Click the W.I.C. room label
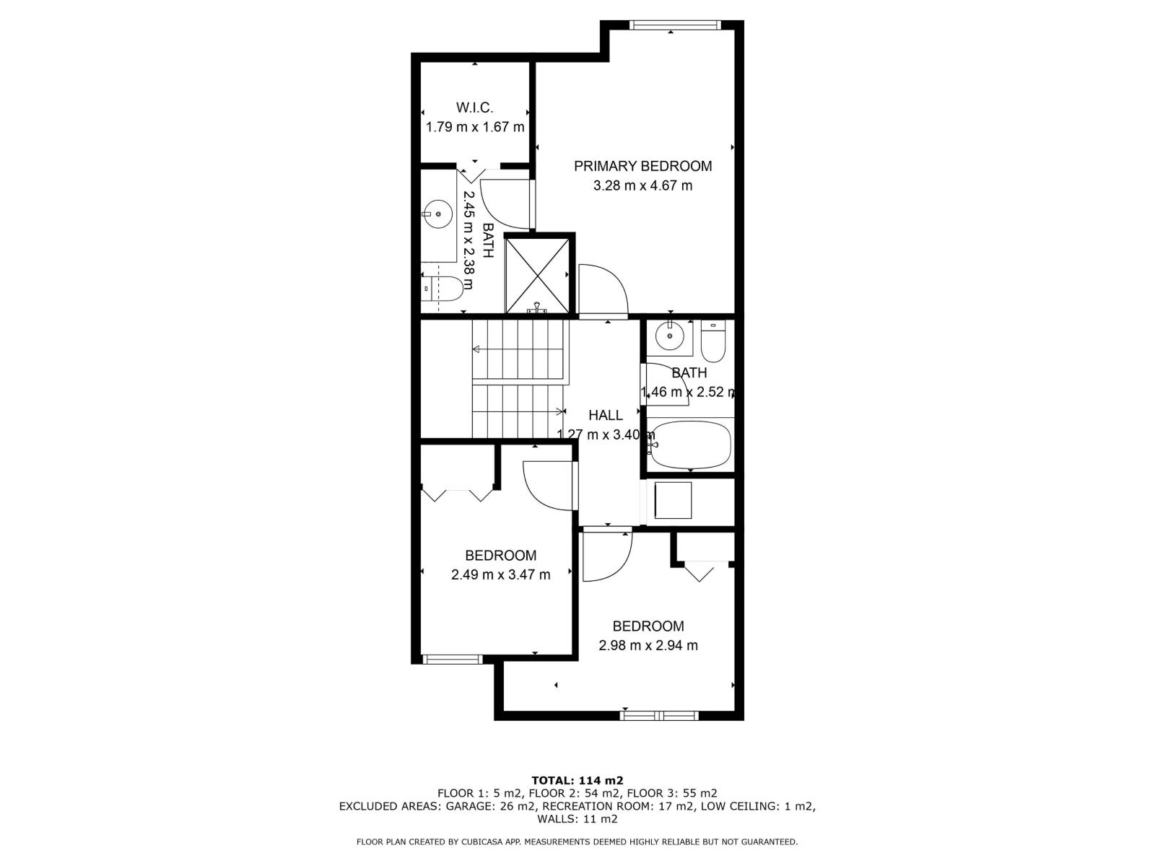coord(474,108)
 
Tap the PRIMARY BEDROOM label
coord(642,166)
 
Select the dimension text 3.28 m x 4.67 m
coord(642,185)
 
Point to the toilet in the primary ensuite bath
coord(442,288)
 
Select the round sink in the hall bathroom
coord(670,336)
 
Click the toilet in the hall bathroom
coord(713,342)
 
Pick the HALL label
coord(606,415)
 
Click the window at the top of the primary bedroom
coord(674,25)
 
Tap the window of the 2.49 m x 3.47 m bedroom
coord(452,659)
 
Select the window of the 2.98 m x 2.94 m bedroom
coord(659,716)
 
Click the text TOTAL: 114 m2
coord(577,780)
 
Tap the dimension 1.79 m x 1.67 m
coord(474,127)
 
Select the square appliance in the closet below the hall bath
coord(672,500)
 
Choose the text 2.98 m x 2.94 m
coord(648,646)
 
